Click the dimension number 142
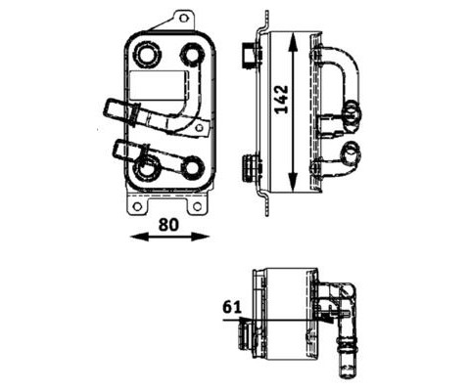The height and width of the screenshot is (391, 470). tap(281, 100)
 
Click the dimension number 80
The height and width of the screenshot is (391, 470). tap(168, 225)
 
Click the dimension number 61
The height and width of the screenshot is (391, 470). tap(232, 307)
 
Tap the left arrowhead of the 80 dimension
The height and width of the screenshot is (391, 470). tap(139, 237)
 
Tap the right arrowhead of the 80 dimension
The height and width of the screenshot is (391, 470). tap(200, 237)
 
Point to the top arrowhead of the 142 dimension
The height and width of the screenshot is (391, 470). tap(293, 42)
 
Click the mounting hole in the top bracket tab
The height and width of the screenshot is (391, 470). tap(184, 18)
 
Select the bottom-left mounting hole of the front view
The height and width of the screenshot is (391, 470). tap(137, 206)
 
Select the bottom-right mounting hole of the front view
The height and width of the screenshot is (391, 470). tap(197, 206)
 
